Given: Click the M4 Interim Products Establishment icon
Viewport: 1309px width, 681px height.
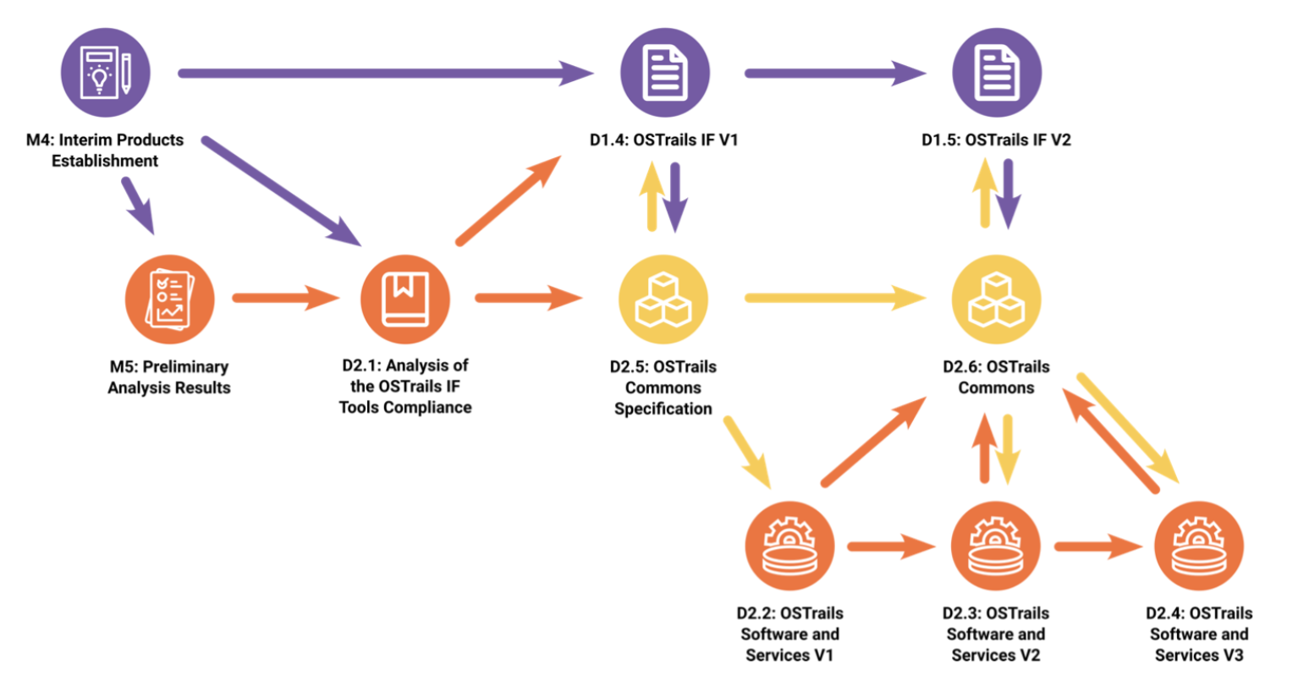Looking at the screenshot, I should [x=106, y=73].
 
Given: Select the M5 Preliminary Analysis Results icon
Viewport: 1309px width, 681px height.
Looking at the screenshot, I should [x=169, y=299].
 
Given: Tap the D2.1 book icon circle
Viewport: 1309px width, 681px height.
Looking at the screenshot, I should [x=404, y=299].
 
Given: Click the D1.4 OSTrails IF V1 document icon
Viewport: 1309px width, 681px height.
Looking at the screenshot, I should [x=664, y=73].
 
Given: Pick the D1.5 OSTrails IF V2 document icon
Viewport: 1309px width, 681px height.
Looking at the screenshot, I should [x=996, y=73].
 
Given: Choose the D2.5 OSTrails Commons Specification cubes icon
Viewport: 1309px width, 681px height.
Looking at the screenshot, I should [x=663, y=299].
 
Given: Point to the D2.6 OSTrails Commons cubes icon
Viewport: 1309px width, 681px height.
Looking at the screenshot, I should [x=996, y=299].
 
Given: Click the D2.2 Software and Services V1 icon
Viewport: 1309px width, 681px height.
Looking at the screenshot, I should [x=789, y=546].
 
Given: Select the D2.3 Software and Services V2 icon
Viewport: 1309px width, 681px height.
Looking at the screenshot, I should [x=995, y=546].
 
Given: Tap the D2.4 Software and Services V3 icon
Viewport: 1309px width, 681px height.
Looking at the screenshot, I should [x=1199, y=546].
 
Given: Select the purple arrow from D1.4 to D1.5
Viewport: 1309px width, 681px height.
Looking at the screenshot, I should [x=833, y=74].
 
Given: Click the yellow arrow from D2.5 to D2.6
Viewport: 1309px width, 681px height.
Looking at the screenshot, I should [x=833, y=298].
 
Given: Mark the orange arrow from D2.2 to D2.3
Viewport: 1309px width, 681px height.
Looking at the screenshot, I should [x=890, y=546].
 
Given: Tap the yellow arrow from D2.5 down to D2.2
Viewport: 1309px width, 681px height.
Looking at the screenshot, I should [x=747, y=451].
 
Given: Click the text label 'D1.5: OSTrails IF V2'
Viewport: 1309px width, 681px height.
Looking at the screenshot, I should [x=996, y=140].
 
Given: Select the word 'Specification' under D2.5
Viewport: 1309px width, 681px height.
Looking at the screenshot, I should [x=663, y=409].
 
